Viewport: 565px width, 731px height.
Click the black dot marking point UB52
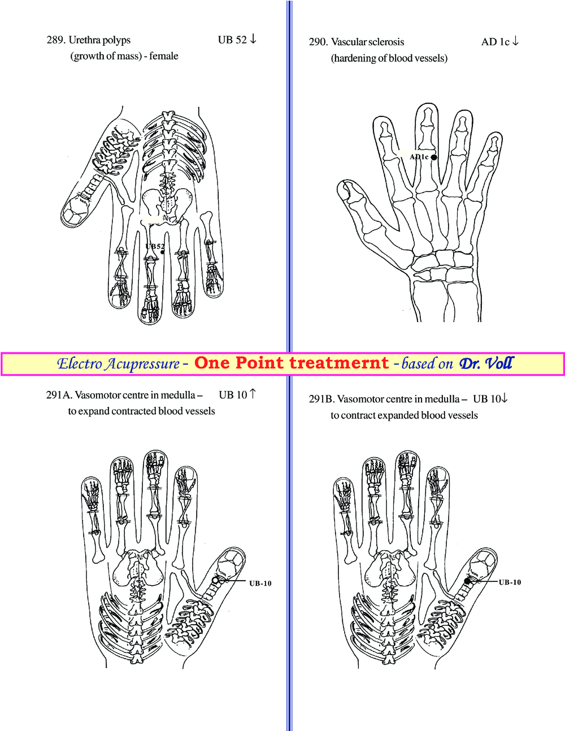point(163,253)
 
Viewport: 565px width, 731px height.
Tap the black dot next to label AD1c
point(434,157)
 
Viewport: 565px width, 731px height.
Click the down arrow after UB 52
point(253,38)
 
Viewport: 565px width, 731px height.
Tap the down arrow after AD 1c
point(515,41)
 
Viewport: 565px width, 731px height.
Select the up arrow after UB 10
point(253,394)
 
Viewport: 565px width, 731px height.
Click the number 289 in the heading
point(55,40)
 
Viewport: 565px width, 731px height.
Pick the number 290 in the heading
point(318,42)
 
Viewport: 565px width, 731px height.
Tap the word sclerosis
point(386,42)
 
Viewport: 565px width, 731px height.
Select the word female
point(164,55)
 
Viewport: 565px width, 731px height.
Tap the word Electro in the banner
point(79,363)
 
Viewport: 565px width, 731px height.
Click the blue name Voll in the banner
point(499,363)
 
